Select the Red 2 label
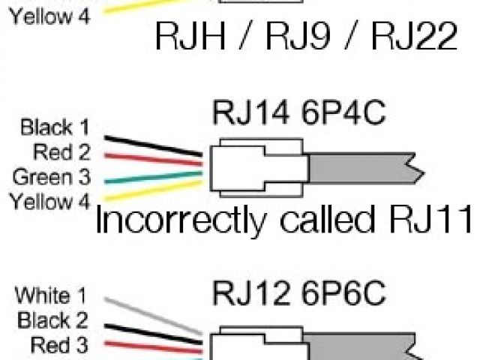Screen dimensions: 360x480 point(62,152)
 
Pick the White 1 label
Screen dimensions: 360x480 point(55,295)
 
